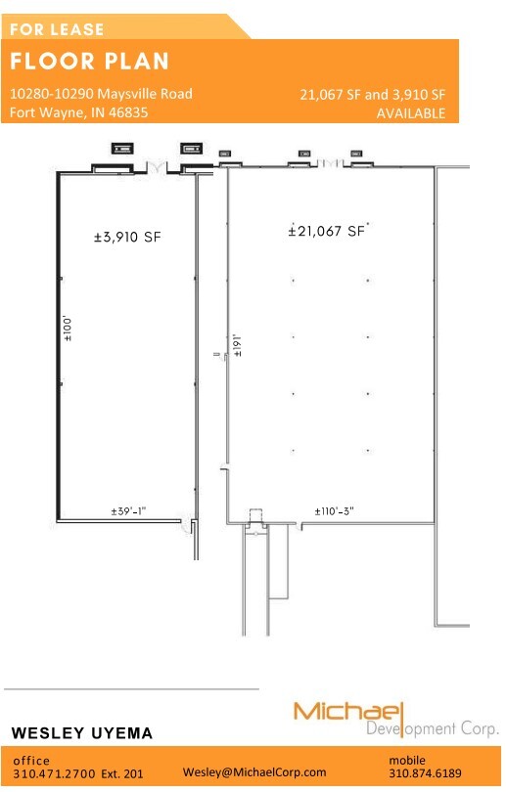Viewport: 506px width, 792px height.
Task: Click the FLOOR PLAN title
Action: click(x=90, y=62)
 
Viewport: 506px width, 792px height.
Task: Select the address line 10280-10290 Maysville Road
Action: click(x=101, y=94)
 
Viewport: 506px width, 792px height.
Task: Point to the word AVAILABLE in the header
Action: click(x=411, y=113)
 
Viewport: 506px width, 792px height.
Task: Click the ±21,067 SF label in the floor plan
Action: click(x=327, y=231)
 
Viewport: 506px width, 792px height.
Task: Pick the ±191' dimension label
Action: click(x=236, y=346)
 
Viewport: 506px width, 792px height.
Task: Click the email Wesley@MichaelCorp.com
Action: click(x=254, y=771)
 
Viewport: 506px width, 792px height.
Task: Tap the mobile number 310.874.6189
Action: click(x=426, y=772)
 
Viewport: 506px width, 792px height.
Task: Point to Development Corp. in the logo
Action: click(x=432, y=728)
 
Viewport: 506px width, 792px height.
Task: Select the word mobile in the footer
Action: click(x=408, y=759)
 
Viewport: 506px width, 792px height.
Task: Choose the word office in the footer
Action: click(x=31, y=760)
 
